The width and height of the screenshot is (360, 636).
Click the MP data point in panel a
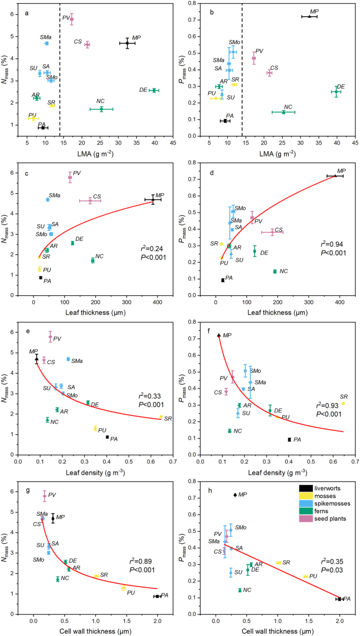tap(127, 43)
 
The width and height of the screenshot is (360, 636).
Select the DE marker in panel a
tap(154, 91)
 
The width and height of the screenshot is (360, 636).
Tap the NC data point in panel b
tap(284, 112)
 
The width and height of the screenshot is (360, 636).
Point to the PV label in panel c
tap(76, 173)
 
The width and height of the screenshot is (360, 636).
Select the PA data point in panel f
tap(289, 439)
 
